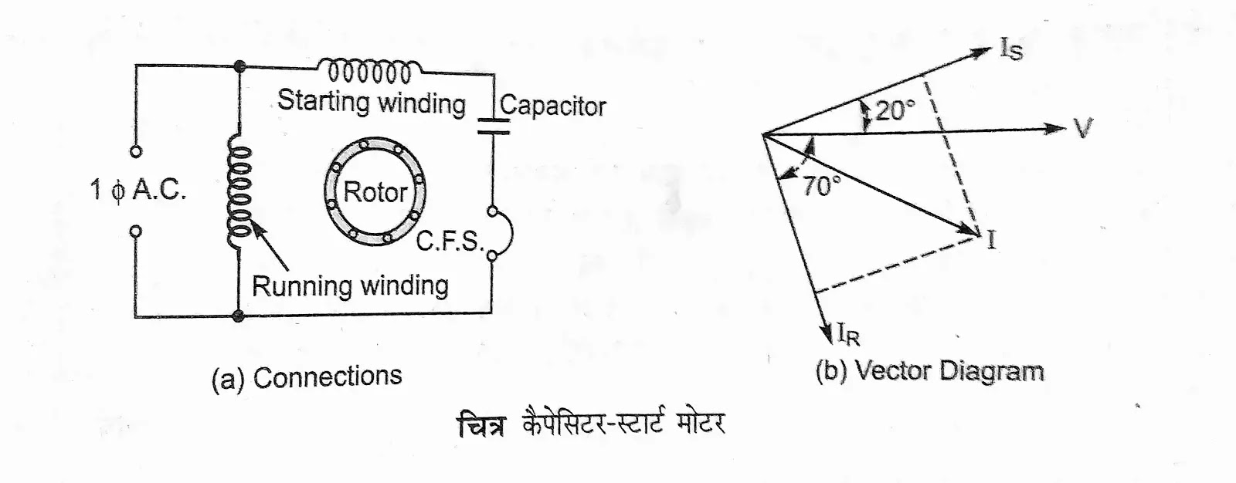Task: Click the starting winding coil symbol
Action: (x=369, y=71)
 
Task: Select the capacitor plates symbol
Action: (x=493, y=125)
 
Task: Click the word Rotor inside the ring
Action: (x=375, y=192)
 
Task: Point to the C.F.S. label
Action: (x=449, y=241)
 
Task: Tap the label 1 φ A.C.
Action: (x=138, y=190)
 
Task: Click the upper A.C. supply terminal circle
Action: (x=136, y=152)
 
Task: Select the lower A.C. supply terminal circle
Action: (x=136, y=230)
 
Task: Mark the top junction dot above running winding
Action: (x=239, y=67)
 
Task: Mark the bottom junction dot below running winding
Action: (x=239, y=316)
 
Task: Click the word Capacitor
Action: (x=552, y=106)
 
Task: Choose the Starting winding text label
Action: (x=372, y=102)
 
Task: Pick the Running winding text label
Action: (x=350, y=286)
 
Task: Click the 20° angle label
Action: (x=895, y=110)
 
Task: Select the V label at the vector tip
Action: (x=1084, y=129)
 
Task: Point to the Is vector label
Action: (x=1011, y=50)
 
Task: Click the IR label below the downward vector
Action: (x=848, y=334)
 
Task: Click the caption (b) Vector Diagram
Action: (x=929, y=372)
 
